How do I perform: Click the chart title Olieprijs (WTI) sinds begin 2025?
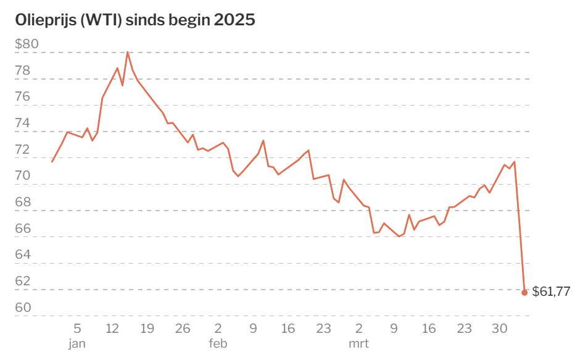[135, 20]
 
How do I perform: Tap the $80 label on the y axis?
[27, 44]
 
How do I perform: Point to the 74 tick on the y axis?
[22, 123]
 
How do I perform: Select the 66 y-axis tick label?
[22, 228]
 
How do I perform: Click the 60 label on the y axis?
[22, 308]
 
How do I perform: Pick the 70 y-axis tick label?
[22, 176]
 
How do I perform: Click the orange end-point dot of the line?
[524, 293]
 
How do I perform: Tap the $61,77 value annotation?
[551, 291]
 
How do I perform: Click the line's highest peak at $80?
[128, 52]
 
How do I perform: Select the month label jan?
[77, 343]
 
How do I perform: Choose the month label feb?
[218, 343]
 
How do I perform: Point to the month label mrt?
[359, 343]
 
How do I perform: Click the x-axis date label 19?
[147, 329]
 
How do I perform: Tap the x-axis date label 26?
[183, 329]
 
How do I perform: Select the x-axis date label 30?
[500, 329]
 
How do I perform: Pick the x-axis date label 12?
[112, 329]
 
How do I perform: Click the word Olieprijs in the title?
[46, 20]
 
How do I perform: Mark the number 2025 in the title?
[234, 20]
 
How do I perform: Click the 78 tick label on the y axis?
[22, 70]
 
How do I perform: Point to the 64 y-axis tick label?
[22, 254]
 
